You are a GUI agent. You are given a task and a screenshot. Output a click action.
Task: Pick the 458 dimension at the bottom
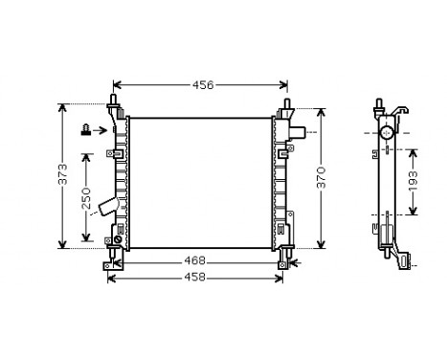click(x=195, y=278)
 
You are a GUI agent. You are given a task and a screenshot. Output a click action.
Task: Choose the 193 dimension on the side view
click(x=414, y=182)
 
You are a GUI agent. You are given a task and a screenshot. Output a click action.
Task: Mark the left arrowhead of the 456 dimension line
click(x=117, y=85)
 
